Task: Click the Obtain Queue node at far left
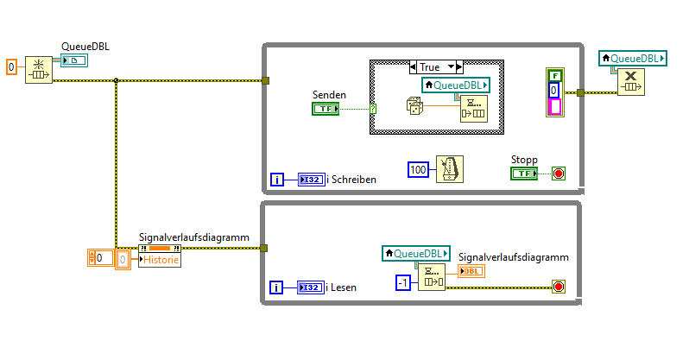pyautogui.click(x=39, y=69)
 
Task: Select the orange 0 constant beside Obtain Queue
pyautogui.click(x=11, y=66)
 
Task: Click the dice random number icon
pyautogui.click(x=414, y=106)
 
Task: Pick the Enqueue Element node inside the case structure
pyautogui.click(x=472, y=107)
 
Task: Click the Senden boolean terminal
pyautogui.click(x=326, y=108)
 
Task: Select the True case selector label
pyautogui.click(x=435, y=66)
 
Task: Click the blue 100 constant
pyautogui.click(x=419, y=169)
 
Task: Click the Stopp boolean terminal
pyautogui.click(x=523, y=174)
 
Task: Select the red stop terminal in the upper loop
pyautogui.click(x=558, y=174)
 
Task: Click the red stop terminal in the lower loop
pyautogui.click(x=558, y=287)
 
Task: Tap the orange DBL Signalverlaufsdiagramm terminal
pyautogui.click(x=471, y=271)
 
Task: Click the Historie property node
pyautogui.click(x=160, y=257)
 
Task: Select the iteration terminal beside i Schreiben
pyautogui.click(x=277, y=180)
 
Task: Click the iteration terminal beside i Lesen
pyautogui.click(x=277, y=287)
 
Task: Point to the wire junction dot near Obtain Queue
pyautogui.click(x=116, y=81)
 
